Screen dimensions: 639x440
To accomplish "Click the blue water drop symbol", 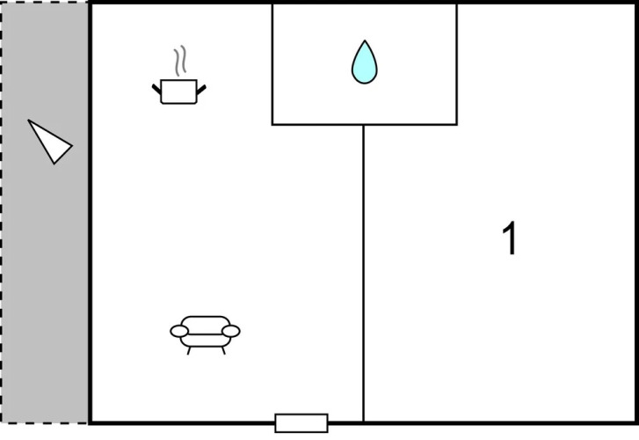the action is click(365, 62).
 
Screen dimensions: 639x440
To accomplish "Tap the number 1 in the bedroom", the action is click(510, 238).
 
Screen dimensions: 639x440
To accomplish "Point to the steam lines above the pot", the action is click(180, 61).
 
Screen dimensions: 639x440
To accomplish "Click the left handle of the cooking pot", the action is click(156, 90).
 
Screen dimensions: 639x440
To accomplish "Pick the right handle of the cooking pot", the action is click(201, 90).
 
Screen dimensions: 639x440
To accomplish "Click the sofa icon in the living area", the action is click(205, 334).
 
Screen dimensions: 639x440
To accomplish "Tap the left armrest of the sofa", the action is click(179, 332).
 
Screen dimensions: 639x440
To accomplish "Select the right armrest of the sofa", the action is click(231, 332).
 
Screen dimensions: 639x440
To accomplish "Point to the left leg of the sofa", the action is click(189, 350).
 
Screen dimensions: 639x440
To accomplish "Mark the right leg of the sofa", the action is click(223, 350).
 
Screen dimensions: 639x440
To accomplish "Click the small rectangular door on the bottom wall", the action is click(301, 423).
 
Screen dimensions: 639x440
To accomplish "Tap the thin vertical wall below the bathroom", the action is click(364, 273).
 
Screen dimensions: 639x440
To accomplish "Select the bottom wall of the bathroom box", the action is click(365, 124).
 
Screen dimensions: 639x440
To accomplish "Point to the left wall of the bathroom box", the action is click(272, 63).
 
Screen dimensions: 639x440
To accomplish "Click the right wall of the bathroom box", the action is click(456, 63).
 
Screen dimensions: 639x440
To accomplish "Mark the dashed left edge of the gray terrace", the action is click(2, 212).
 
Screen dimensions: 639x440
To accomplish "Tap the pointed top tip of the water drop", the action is click(365, 40).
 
